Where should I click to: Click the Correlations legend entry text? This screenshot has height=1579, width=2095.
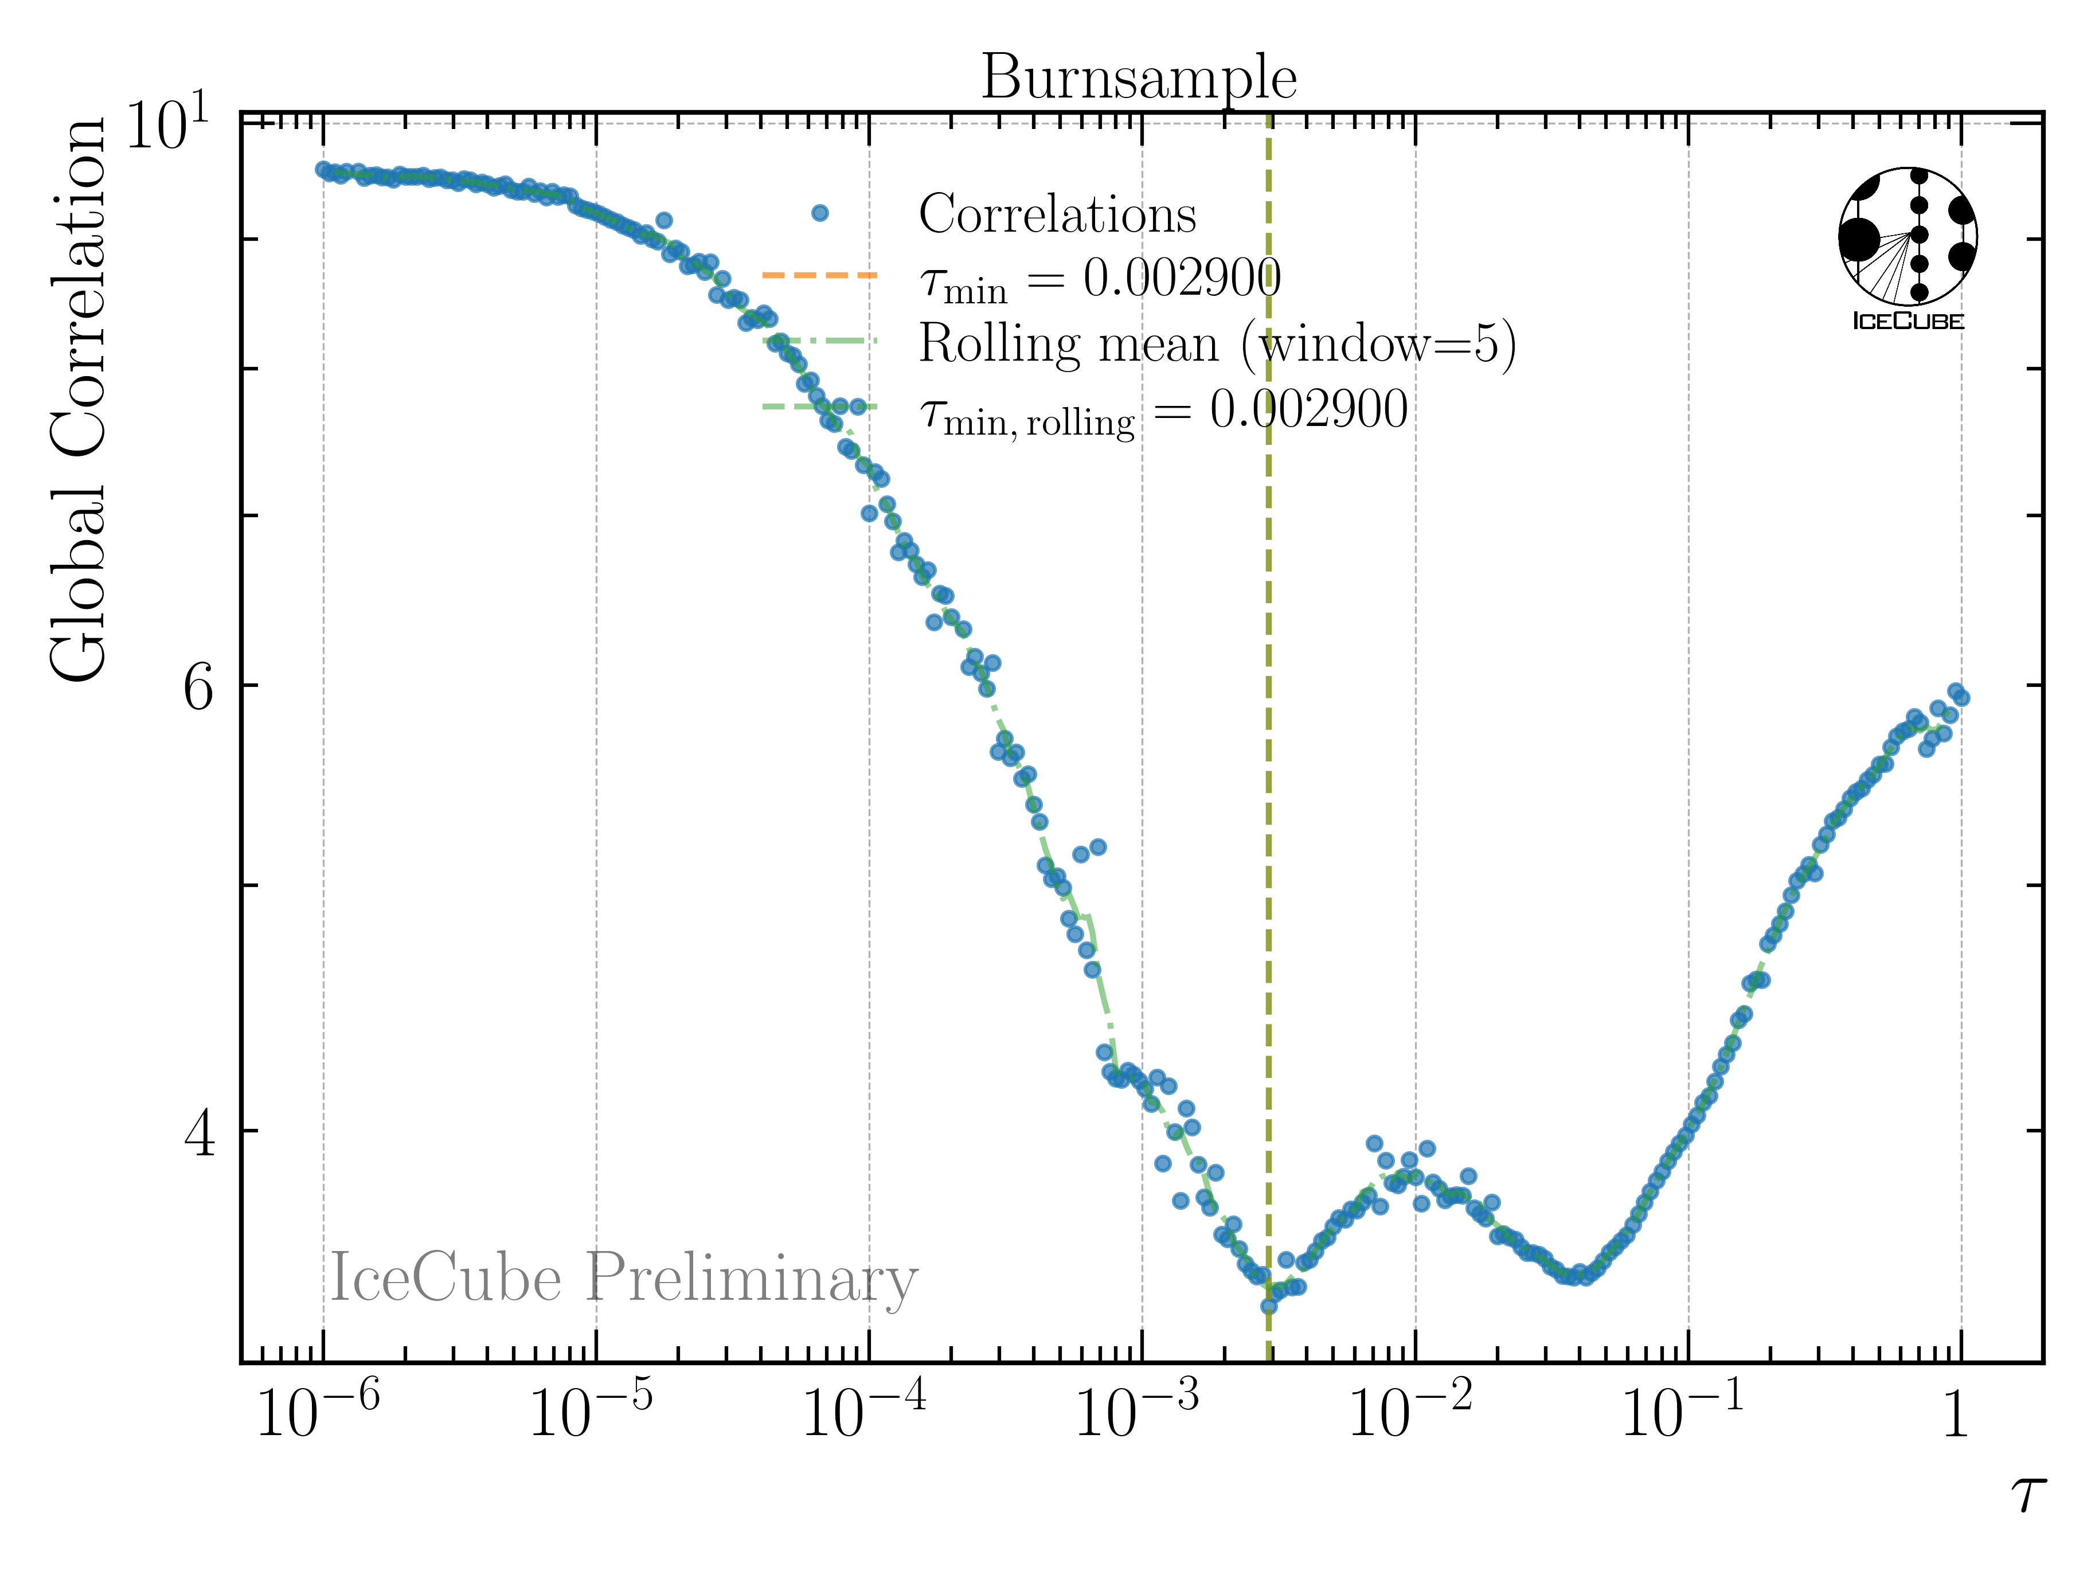coord(1057,214)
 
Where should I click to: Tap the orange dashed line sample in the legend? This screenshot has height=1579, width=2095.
coord(820,276)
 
